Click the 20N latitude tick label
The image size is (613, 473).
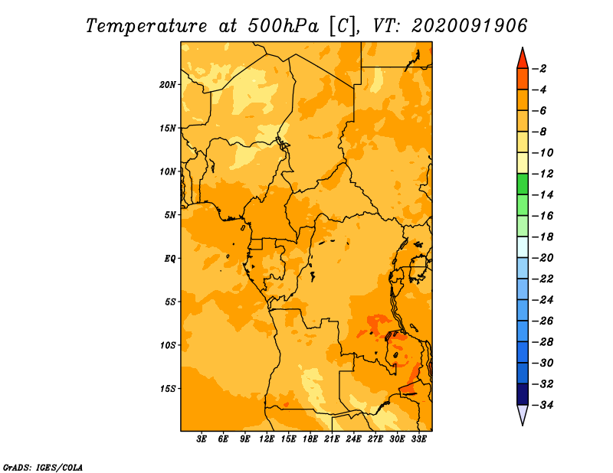pyautogui.click(x=168, y=85)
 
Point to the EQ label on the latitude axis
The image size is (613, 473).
pyautogui.click(x=170, y=259)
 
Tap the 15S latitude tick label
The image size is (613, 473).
pyautogui.click(x=168, y=389)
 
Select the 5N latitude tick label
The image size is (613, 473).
pyautogui.click(x=170, y=215)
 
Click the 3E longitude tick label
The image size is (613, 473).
pyautogui.click(x=202, y=439)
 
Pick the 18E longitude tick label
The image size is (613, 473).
pyautogui.click(x=310, y=439)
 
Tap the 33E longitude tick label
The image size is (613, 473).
pyautogui.click(x=418, y=439)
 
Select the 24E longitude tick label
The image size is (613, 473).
pyautogui.click(x=353, y=439)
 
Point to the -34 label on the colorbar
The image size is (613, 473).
pyautogui.click(x=543, y=405)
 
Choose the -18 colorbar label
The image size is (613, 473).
pyautogui.click(x=543, y=237)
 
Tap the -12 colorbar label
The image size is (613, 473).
pyautogui.click(x=543, y=174)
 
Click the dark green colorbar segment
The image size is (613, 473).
pyautogui.click(x=523, y=184)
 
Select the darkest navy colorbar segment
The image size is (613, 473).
pyautogui.click(x=523, y=394)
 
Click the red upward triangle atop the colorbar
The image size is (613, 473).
pyautogui.click(x=523, y=59)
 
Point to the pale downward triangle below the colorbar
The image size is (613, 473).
pyautogui.click(x=523, y=415)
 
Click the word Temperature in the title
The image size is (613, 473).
pyautogui.click(x=146, y=26)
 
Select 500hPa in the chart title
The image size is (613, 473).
pyautogui.click(x=283, y=26)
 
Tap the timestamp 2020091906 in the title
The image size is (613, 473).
pyautogui.click(x=470, y=26)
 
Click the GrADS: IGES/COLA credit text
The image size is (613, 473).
pyautogui.click(x=43, y=468)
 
